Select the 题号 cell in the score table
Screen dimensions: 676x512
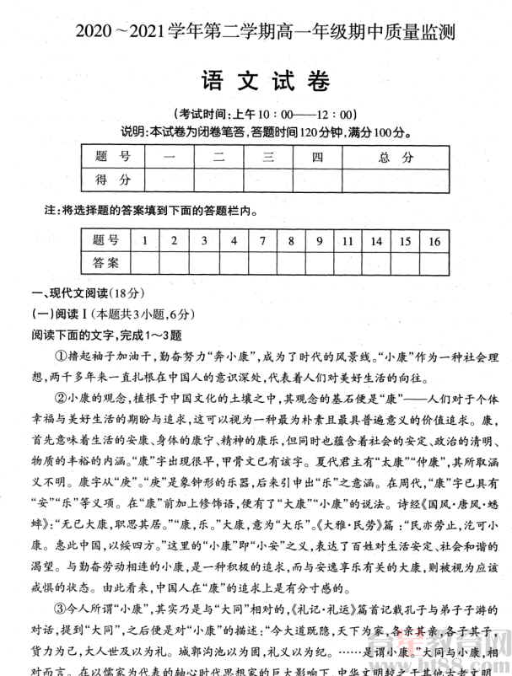pyautogui.click(x=112, y=157)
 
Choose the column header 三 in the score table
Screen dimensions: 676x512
pyautogui.click(x=269, y=157)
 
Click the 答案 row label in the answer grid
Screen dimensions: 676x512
pyautogui.click(x=106, y=262)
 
